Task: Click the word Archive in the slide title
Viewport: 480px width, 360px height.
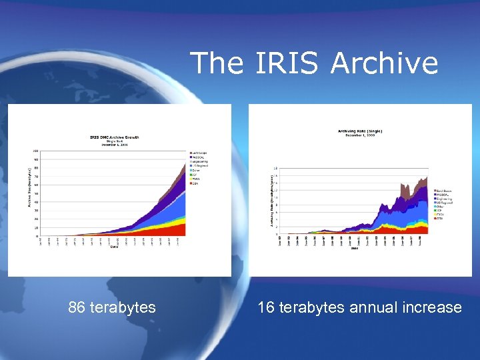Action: click(384, 63)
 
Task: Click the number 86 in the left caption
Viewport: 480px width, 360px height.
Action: click(77, 307)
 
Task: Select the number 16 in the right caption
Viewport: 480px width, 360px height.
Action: click(266, 307)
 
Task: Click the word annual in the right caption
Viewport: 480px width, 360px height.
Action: click(373, 307)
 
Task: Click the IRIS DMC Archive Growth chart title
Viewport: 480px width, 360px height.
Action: click(115, 138)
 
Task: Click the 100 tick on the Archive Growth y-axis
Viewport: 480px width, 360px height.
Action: click(35, 151)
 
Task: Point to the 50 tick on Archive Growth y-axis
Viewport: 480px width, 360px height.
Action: click(36, 194)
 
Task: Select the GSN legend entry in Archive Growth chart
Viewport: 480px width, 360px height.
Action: click(196, 184)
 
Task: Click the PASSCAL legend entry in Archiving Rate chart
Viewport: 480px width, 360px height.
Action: click(443, 194)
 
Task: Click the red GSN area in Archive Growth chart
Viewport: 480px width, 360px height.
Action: click(173, 230)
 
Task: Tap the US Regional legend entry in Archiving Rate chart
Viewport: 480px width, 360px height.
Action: click(444, 203)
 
